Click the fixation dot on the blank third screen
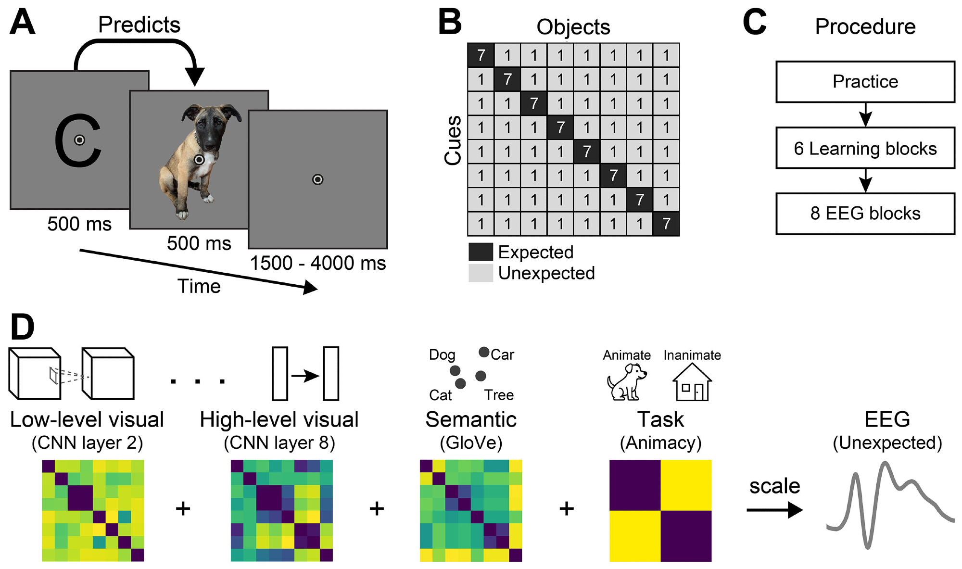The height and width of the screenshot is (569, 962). (x=317, y=179)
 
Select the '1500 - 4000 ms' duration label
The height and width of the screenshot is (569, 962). (x=317, y=263)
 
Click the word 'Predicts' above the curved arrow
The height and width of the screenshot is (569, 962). (x=139, y=25)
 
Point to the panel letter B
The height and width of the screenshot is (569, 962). (x=450, y=23)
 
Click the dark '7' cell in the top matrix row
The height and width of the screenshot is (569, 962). (x=481, y=55)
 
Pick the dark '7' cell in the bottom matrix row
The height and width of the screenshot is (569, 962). (x=666, y=224)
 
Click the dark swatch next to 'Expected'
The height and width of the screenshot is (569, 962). (x=481, y=252)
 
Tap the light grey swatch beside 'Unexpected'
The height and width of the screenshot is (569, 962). (x=481, y=273)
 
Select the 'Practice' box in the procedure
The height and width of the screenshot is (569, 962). (x=865, y=82)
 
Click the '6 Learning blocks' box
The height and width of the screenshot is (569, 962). (x=865, y=148)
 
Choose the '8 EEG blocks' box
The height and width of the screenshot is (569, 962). (x=865, y=214)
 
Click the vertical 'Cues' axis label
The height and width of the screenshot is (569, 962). (x=453, y=140)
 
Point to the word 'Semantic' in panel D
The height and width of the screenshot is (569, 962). (x=470, y=419)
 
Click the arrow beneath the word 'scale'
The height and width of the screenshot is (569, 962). (x=774, y=510)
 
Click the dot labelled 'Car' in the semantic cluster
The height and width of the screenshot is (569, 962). (x=484, y=352)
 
